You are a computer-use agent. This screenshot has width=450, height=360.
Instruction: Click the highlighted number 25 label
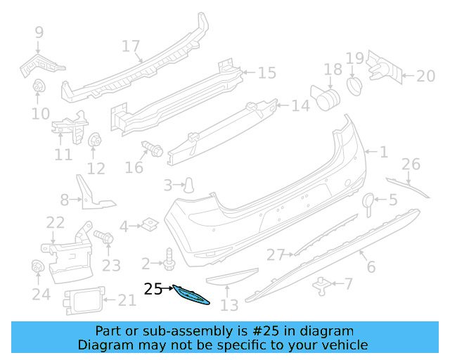pos(153,288)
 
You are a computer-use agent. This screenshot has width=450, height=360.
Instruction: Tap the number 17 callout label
pos(131,46)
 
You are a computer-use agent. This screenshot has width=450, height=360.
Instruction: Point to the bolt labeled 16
pos(152,148)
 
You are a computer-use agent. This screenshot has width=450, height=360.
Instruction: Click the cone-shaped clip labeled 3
pos(189,185)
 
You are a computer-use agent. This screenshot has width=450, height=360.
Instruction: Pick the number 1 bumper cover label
pos(384,151)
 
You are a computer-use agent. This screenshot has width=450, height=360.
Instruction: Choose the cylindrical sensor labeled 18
pos(324,97)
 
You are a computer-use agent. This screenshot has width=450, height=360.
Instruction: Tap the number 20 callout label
pos(426,76)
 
